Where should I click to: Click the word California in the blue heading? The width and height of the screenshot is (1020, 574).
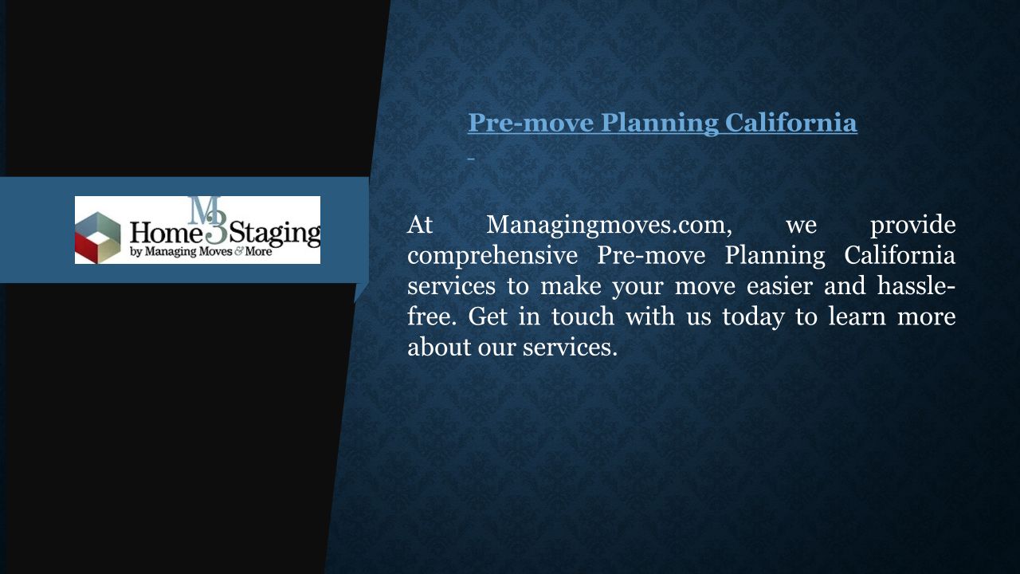coord(791,123)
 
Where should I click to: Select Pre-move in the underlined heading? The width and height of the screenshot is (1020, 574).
coord(531,123)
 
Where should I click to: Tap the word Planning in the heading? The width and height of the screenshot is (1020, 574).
coord(660,124)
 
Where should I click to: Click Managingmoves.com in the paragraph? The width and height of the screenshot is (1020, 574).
coord(610,226)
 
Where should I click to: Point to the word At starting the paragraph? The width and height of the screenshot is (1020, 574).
coord(420,225)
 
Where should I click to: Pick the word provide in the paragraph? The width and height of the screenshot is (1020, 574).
coord(913,225)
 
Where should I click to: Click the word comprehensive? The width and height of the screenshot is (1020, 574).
coord(492,256)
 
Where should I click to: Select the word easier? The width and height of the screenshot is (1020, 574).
coord(779,286)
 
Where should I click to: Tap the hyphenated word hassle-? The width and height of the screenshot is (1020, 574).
coord(916,285)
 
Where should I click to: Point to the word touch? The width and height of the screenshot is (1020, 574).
coord(583,316)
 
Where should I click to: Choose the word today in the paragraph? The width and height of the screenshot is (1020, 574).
coord(754,317)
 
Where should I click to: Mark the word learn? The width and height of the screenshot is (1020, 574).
coord(857,316)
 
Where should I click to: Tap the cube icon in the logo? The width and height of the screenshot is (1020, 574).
coord(97,238)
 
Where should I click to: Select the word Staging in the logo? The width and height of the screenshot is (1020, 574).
coord(275,234)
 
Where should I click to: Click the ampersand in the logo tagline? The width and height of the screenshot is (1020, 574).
coord(238,251)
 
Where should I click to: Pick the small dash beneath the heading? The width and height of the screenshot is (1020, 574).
coord(471,159)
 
